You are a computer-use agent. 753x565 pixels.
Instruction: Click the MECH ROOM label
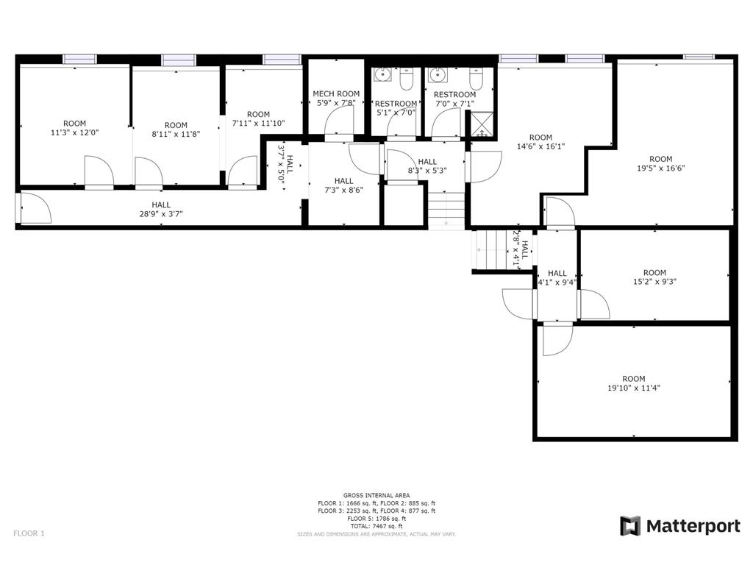coord(336,93)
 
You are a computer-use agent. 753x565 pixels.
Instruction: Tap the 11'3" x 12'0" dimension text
coord(74,133)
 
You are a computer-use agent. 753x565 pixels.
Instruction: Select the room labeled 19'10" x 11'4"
coord(633,383)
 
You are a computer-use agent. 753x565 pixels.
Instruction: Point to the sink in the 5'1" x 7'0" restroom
coord(382,75)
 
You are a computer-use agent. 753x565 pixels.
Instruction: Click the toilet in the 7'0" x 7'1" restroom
coord(476,78)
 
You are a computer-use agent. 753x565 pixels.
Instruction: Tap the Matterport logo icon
coord(630,526)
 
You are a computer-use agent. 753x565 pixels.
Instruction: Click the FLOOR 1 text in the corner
coord(29,533)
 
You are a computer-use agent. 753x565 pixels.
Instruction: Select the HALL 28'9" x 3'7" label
coord(161,210)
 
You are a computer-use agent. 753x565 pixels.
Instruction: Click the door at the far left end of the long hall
coord(33,208)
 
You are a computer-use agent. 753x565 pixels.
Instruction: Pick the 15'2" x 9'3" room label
coord(654,277)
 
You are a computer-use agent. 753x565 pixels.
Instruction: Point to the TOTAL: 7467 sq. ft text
coord(376,527)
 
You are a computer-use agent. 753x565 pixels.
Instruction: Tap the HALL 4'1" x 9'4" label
coord(557,277)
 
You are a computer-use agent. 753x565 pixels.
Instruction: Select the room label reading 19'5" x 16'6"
coord(660,163)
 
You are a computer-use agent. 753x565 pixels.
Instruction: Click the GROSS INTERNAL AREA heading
coord(376,495)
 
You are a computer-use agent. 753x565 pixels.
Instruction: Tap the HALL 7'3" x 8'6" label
coord(343,185)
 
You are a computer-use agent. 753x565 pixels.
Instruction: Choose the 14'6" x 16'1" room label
coord(540,142)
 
